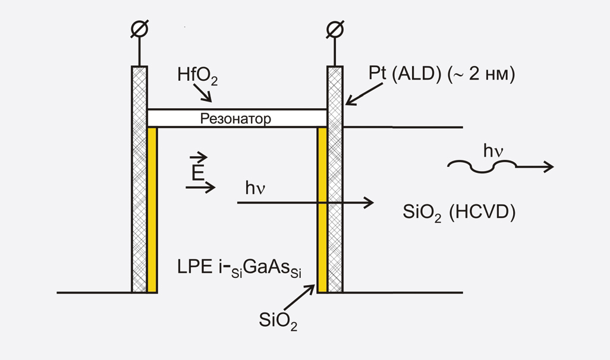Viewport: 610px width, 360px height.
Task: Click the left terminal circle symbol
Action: pyautogui.click(x=140, y=29)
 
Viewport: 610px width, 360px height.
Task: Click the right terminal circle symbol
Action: pyautogui.click(x=335, y=29)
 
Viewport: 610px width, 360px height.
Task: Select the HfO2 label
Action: pyautogui.click(x=194, y=76)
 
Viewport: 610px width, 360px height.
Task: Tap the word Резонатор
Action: pyautogui.click(x=235, y=119)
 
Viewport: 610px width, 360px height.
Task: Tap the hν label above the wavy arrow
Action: pyautogui.click(x=493, y=152)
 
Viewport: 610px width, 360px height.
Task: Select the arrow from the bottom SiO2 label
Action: pyautogui.click(x=302, y=297)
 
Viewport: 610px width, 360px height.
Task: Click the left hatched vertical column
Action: pyautogui.click(x=139, y=178)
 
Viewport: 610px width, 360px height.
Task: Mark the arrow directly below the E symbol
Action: pyautogui.click(x=200, y=188)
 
